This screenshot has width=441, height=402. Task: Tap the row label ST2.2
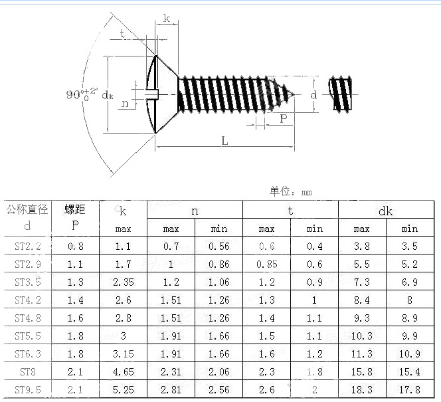27,246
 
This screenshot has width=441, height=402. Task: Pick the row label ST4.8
27,318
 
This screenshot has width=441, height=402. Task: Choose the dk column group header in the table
385,211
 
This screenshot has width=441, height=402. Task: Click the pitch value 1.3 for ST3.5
75,282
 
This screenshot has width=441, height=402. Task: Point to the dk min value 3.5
410,246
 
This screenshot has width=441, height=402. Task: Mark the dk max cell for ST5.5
361,336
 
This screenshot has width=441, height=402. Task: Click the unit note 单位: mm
291,192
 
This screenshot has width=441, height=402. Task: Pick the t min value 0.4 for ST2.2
314,246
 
